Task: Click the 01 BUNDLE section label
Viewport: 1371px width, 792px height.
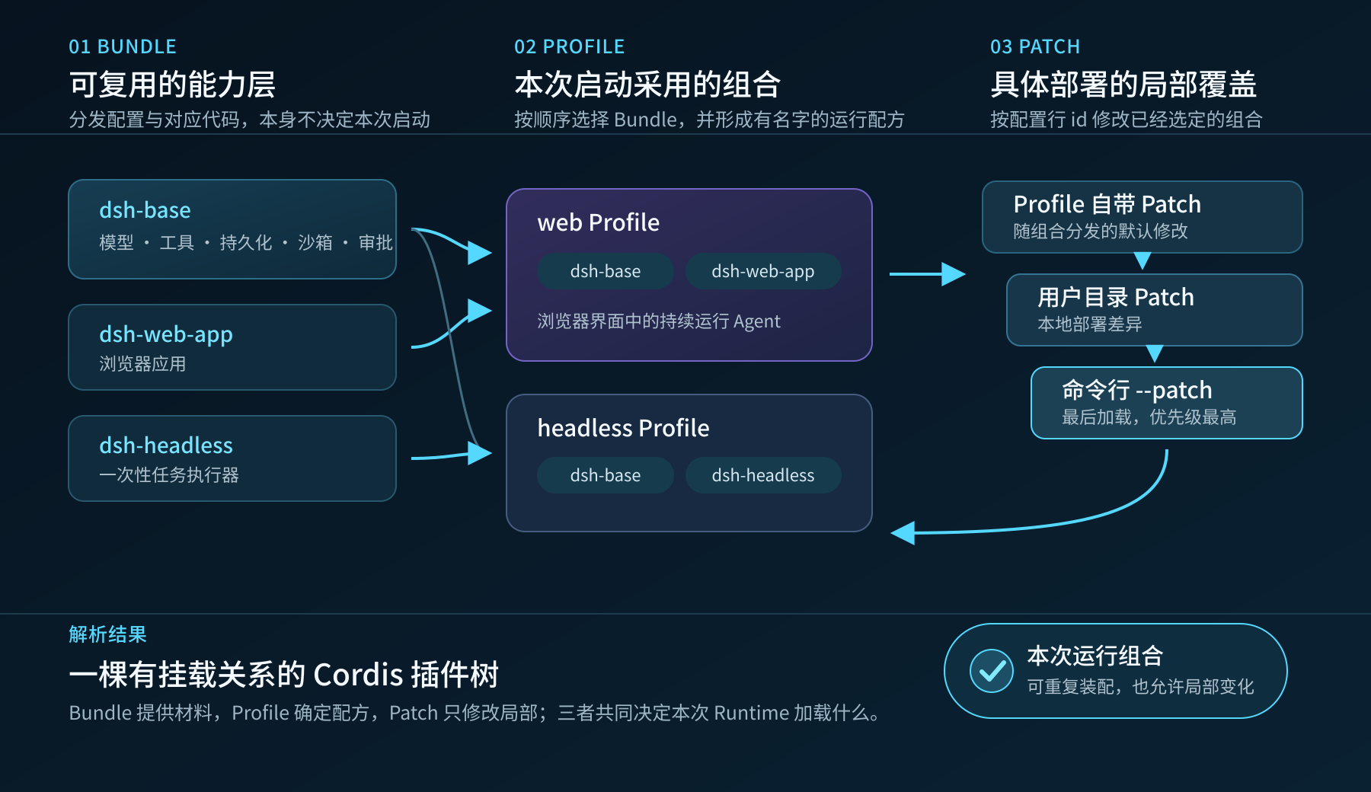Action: tap(123, 47)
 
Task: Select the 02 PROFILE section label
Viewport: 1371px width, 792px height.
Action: tap(569, 47)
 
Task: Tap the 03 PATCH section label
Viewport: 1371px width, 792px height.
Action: tap(1035, 47)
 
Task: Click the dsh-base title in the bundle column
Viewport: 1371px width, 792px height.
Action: tap(145, 210)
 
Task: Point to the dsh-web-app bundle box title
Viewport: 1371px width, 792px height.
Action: tap(166, 335)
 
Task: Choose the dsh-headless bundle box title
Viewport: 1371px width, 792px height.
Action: tap(166, 445)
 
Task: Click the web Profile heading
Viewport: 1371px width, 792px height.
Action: tap(599, 222)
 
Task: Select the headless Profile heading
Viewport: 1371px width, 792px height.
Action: tap(623, 428)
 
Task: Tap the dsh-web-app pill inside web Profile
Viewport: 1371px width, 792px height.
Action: tap(763, 271)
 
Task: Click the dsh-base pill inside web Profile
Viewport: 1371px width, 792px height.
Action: tap(606, 271)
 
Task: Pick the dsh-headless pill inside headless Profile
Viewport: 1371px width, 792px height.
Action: tap(763, 475)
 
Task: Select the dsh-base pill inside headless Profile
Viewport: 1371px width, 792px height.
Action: tap(606, 475)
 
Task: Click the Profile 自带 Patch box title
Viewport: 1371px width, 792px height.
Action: tap(1107, 204)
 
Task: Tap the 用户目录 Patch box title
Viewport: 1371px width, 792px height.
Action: tap(1116, 297)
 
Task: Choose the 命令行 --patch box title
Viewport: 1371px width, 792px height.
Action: tap(1136, 390)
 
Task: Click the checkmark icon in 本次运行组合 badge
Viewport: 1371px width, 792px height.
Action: tap(992, 671)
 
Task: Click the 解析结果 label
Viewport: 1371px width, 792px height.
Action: tap(107, 634)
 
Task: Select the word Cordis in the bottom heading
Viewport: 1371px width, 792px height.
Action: tap(358, 675)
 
